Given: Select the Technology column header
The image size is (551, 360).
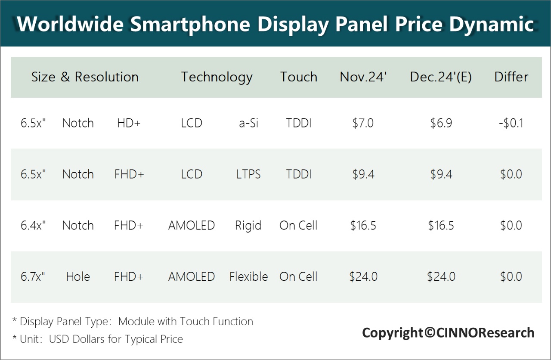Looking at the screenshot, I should (217, 77).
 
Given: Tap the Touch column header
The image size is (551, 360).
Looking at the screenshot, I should (299, 77).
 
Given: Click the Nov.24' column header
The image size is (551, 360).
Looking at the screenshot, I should (363, 77).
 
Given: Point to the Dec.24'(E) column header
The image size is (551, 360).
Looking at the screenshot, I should (441, 77).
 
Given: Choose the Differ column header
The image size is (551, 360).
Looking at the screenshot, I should (511, 77).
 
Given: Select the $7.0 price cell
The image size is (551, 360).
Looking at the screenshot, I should (363, 123).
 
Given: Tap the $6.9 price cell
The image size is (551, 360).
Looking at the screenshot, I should (441, 123).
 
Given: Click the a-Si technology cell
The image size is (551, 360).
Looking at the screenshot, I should (248, 123).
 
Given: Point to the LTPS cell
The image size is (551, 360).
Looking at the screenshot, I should (248, 174).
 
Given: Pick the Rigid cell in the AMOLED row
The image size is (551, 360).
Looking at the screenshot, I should (248, 226).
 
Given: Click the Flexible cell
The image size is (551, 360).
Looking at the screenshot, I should (248, 276).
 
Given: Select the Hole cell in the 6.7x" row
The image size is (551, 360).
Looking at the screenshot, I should (78, 276).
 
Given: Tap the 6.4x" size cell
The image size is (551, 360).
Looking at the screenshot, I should (33, 226).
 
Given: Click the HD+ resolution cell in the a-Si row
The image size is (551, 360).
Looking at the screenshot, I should (129, 123).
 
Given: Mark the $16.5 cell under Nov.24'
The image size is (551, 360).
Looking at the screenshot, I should (363, 226).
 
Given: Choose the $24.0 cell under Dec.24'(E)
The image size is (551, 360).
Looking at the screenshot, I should (441, 276).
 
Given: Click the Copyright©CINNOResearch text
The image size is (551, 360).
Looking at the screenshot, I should (448, 333).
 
